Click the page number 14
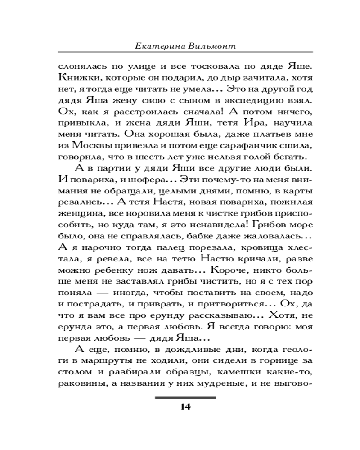tap(185, 407)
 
